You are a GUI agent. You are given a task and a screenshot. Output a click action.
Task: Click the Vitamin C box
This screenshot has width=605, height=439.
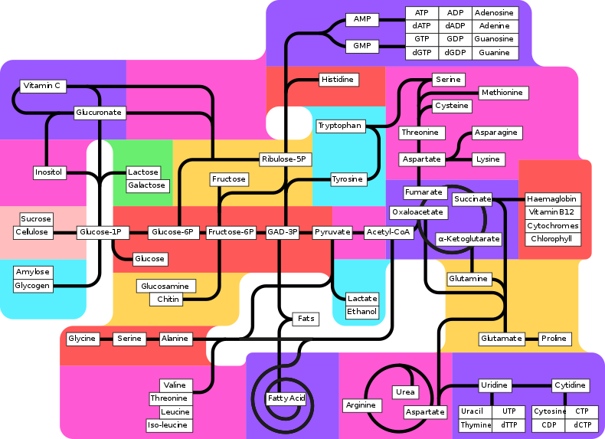click(41, 86)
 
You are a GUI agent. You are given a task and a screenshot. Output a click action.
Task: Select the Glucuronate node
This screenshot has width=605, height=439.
click(99, 113)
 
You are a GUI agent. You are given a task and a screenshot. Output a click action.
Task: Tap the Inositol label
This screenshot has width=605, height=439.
click(49, 172)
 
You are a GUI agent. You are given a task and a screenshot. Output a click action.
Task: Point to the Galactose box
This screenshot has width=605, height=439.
click(146, 185)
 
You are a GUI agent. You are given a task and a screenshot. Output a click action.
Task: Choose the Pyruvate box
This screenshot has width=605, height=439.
click(332, 232)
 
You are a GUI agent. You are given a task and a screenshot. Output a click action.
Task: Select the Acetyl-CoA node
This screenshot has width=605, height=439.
click(388, 232)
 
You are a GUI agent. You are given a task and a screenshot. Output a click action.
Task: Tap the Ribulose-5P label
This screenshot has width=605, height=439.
click(284, 159)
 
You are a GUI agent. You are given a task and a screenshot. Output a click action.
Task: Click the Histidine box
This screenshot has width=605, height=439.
click(338, 80)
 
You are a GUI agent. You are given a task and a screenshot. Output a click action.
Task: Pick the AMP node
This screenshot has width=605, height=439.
click(361, 19)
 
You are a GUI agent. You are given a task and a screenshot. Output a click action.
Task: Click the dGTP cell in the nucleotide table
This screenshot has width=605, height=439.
click(422, 53)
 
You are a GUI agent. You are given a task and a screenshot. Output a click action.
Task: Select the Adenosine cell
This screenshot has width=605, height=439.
click(493, 13)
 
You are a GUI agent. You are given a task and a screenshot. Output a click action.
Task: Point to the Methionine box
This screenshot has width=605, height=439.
click(503, 93)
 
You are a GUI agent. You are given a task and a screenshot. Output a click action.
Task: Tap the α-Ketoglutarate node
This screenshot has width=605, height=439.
click(469, 239)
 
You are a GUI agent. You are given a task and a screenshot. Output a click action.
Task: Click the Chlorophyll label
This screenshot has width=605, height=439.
click(551, 239)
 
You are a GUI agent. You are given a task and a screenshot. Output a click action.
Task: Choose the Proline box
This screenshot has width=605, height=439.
click(554, 339)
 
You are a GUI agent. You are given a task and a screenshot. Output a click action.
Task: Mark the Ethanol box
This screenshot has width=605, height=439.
click(362, 312)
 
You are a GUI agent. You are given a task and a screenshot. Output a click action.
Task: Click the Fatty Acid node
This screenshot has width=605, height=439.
click(286, 398)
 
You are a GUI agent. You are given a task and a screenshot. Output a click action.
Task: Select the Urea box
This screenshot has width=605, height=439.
click(405, 392)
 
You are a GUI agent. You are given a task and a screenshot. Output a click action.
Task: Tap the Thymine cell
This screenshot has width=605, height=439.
click(476, 425)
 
